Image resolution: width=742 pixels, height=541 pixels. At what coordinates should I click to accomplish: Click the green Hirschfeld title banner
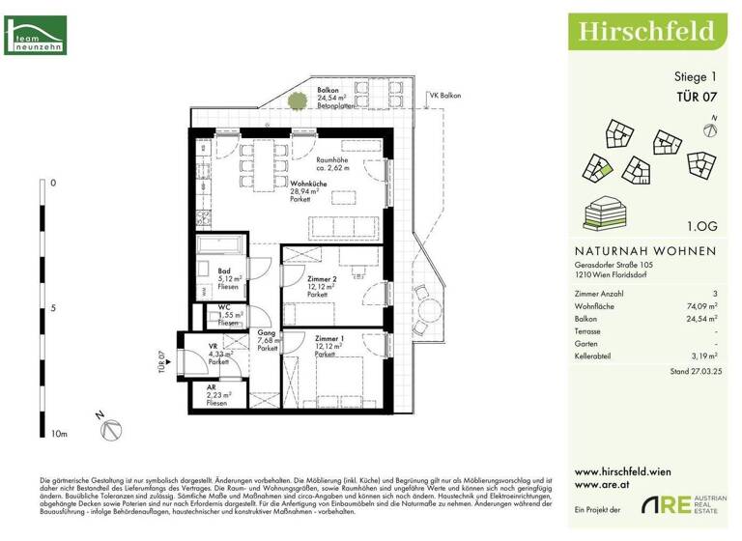tap(646, 31)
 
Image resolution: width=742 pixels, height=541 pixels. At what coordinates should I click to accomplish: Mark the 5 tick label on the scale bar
tap(53, 308)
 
